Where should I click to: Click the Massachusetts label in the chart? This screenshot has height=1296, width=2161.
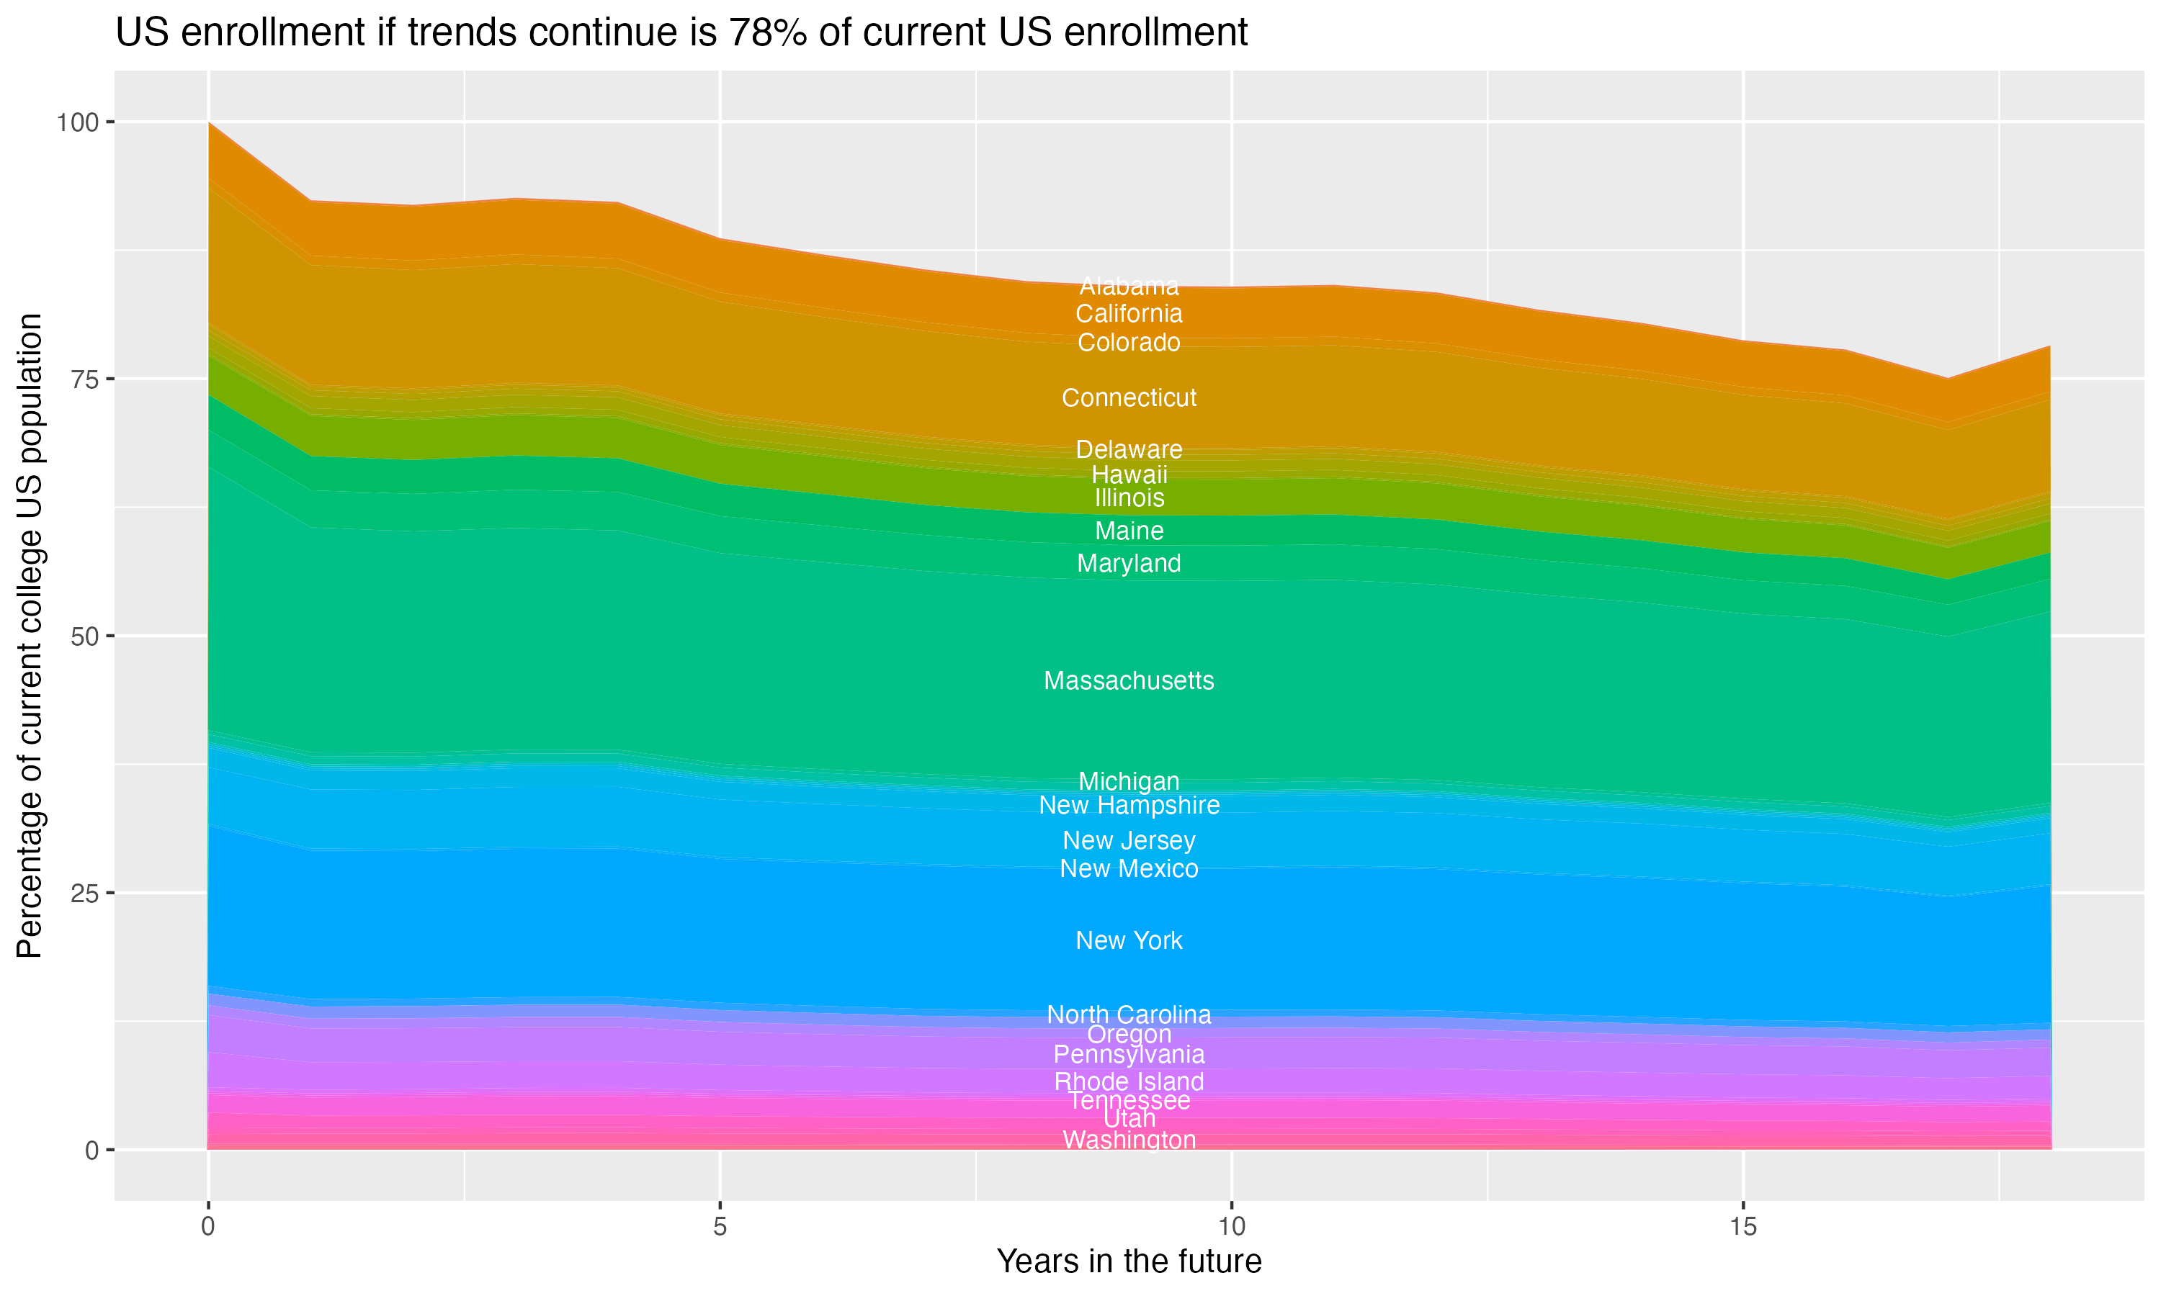point(1129,680)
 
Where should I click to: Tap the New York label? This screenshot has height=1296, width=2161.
point(1129,940)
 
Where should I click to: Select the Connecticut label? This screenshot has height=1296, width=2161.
point(1129,397)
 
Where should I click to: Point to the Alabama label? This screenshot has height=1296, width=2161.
point(1129,286)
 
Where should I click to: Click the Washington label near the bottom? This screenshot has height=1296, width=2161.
point(1129,1140)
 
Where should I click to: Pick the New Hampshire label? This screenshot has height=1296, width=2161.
point(1129,805)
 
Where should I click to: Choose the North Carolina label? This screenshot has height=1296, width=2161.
point(1129,1014)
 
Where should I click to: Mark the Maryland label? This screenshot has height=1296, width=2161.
point(1129,563)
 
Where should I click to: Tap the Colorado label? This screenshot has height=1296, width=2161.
point(1129,342)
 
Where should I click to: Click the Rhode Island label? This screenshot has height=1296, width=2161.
point(1129,1081)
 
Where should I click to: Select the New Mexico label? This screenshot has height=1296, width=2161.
point(1129,868)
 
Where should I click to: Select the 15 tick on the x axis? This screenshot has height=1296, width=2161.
point(1742,1227)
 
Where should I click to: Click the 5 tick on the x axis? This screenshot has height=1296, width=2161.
point(720,1227)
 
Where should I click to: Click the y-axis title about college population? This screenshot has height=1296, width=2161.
point(30,636)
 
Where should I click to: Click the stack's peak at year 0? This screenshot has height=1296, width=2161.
point(209,123)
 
